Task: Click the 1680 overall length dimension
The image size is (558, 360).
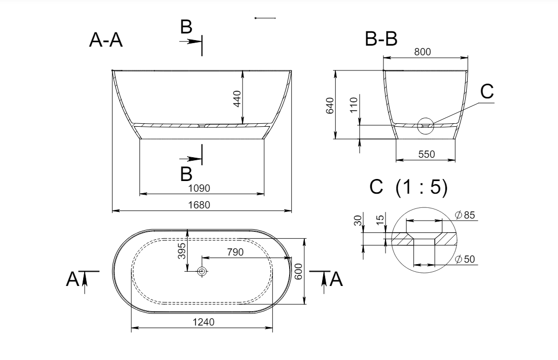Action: (x=199, y=205)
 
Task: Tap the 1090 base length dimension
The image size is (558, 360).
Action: (x=199, y=188)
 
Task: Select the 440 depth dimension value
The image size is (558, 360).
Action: (x=237, y=98)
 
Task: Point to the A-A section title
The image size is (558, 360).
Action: (x=106, y=40)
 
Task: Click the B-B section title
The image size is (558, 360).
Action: (x=381, y=39)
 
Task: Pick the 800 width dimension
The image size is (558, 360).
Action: (x=423, y=52)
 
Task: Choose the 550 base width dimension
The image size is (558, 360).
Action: (x=426, y=154)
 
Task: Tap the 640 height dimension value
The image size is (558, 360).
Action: (x=330, y=105)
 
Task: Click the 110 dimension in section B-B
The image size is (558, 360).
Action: (x=354, y=105)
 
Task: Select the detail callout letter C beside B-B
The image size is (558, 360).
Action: (x=487, y=91)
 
